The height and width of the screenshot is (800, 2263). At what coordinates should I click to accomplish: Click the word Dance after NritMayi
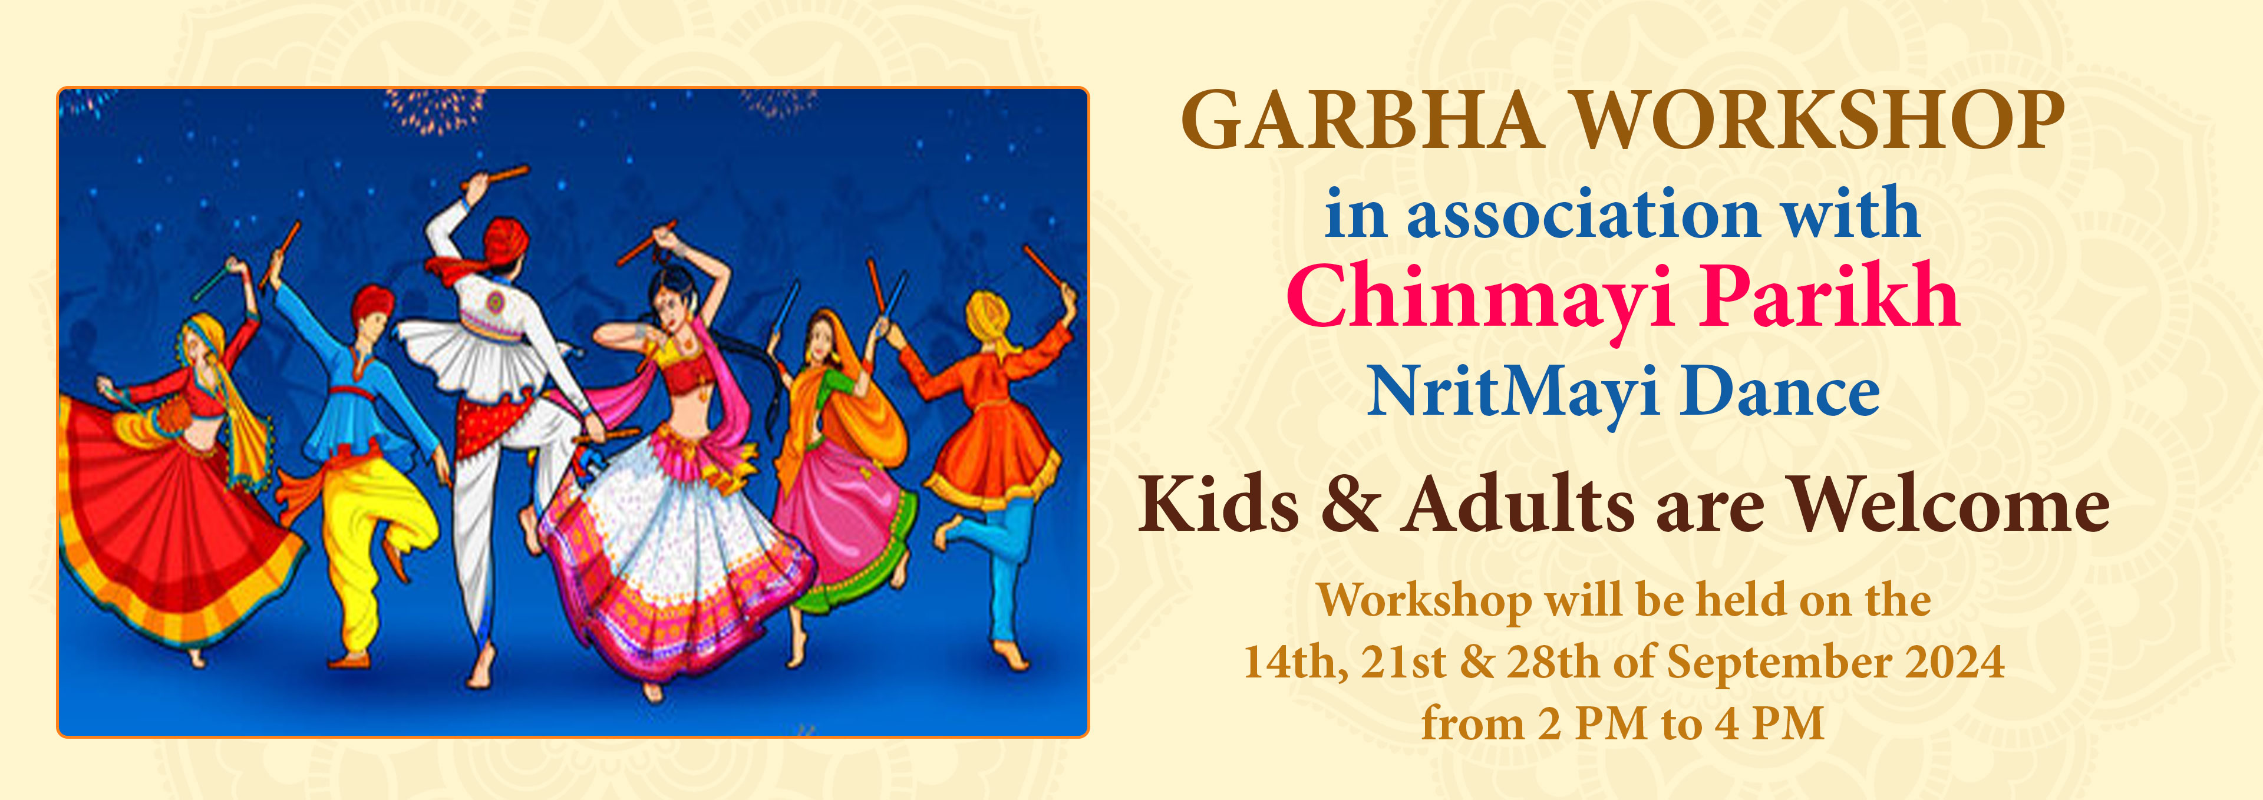tap(1780, 392)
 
